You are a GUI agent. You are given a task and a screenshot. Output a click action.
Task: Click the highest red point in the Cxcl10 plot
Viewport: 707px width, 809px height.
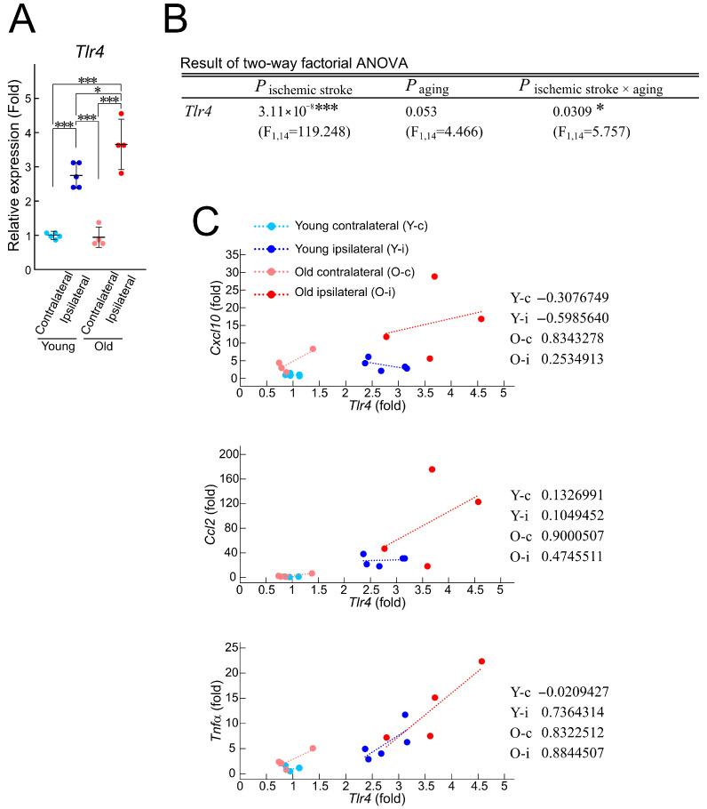[434, 276]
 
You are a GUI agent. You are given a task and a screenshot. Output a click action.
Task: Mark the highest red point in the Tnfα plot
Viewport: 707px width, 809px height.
[481, 661]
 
